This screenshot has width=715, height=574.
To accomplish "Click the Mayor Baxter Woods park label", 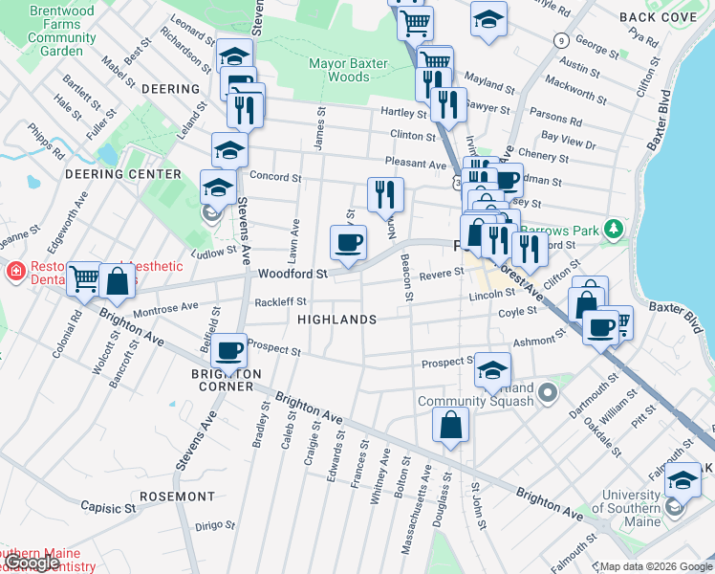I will point(352,70).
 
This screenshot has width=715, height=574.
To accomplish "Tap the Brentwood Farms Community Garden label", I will point(62,31).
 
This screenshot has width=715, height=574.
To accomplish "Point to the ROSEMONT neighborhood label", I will point(177,497).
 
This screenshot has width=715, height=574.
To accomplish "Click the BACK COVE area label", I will point(657,17).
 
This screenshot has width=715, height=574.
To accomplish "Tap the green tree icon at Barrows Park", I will point(614,229).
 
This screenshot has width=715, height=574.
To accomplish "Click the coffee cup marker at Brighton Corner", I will point(229,352).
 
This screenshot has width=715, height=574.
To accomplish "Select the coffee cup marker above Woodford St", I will point(348,242).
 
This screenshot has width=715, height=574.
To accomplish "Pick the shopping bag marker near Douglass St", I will point(450,424).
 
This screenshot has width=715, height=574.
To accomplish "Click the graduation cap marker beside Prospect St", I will point(492,370).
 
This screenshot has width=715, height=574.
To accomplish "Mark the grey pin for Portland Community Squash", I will point(547,392).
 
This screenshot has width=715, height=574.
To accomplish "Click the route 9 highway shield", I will point(561,40).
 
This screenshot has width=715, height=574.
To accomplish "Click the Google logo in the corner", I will point(32,563).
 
